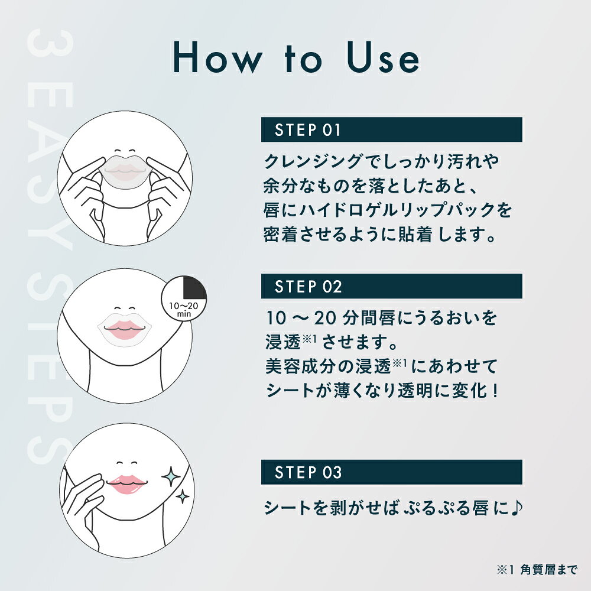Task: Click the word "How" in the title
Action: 218,57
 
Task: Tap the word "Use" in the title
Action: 382,57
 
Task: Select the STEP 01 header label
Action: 307,130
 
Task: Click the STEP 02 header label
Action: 308,287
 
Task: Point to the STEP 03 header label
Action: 308,472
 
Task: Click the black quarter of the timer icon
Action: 194,288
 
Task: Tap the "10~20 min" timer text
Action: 184,310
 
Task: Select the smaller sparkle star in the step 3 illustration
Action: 183,496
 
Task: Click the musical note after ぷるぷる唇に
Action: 516,507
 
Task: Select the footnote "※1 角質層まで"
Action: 537,570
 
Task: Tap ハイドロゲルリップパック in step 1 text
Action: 397,210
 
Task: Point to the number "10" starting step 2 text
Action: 276,318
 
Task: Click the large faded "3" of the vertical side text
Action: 50,44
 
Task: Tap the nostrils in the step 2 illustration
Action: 124,309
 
